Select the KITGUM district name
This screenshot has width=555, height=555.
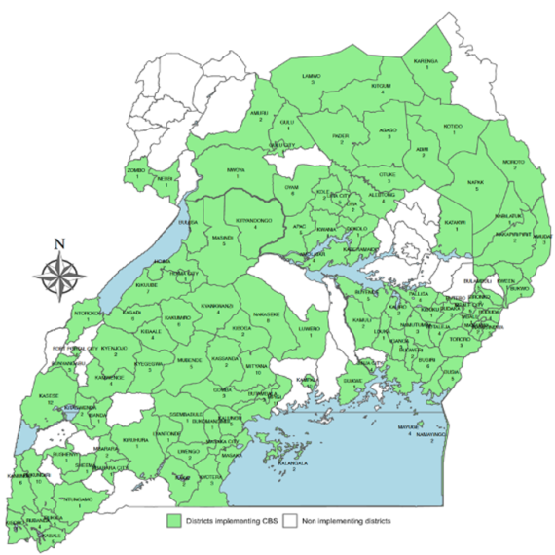point(381,86)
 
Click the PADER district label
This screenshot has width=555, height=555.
point(340,136)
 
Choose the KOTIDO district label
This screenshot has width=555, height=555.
point(452,127)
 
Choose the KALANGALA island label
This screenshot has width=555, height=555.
point(295,463)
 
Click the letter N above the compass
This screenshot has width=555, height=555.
point(59,243)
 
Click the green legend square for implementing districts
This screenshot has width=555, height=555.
point(174,521)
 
